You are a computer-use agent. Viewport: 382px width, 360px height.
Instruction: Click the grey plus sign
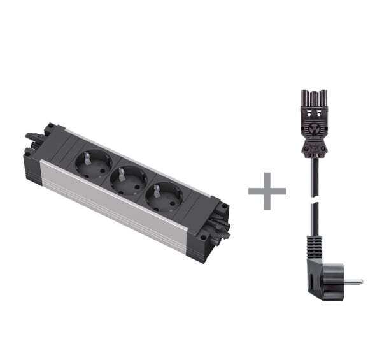267,191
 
